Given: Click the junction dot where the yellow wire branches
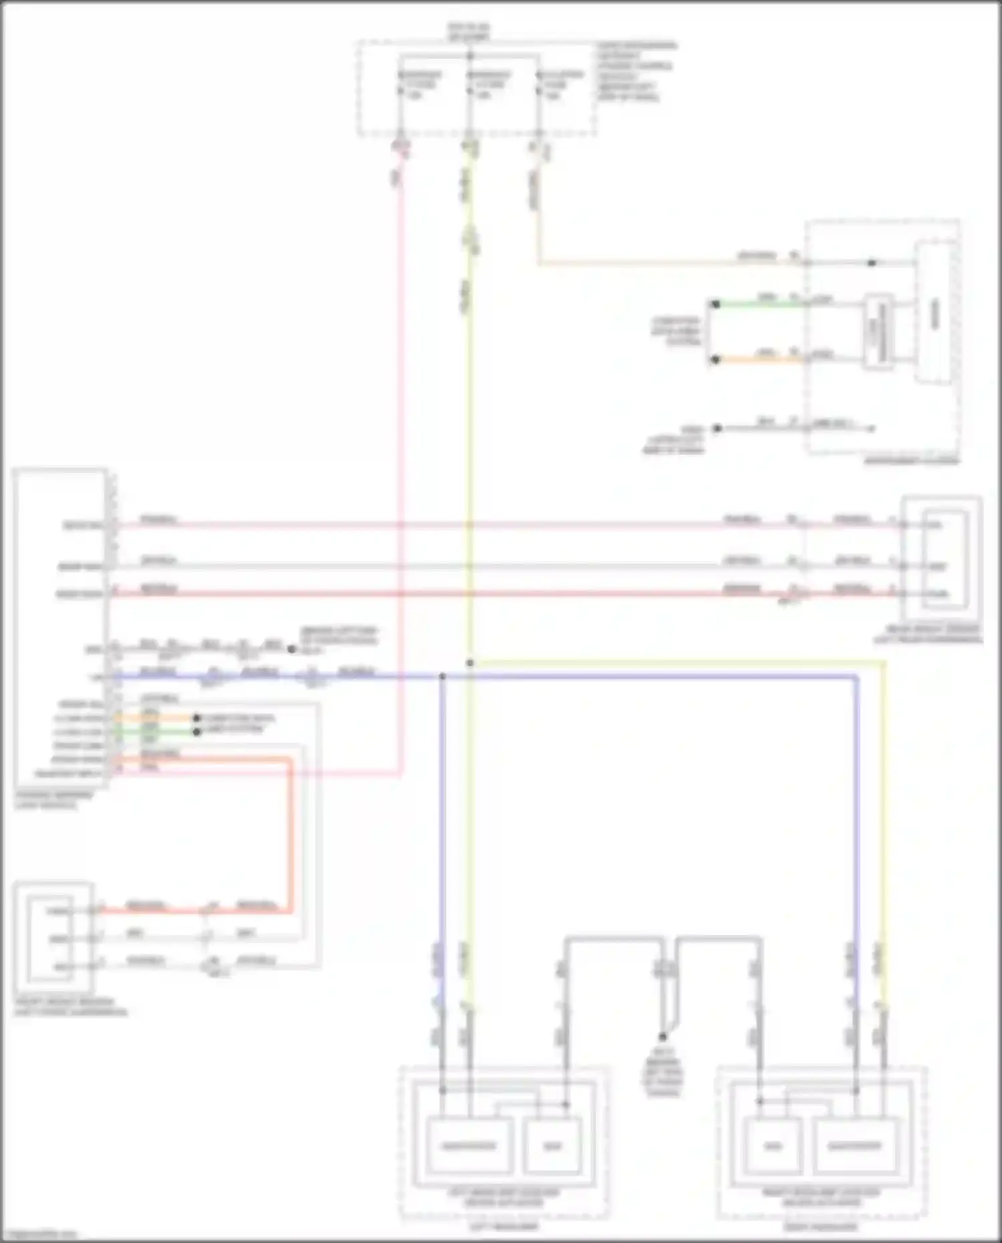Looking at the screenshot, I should (x=470, y=663).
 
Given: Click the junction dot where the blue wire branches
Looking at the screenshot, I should (x=442, y=677).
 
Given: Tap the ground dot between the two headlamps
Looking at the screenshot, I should (x=663, y=1037).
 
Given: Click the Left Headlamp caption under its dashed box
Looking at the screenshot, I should (x=504, y=1226).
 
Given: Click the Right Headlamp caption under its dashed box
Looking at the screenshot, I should (x=821, y=1226).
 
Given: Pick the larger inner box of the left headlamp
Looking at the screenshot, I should (x=469, y=1146).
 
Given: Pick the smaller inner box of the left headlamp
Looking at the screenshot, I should (x=552, y=1146).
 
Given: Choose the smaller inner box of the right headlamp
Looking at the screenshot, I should (x=773, y=1146).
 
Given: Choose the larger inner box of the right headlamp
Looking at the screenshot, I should (x=854, y=1146).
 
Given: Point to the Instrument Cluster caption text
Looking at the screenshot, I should (x=911, y=460).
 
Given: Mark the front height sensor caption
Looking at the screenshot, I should (x=70, y=1007).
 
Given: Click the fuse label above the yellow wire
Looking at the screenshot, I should (x=489, y=85).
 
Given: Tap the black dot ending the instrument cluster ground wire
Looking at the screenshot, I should (x=717, y=428).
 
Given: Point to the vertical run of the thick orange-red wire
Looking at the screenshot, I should (x=291, y=835).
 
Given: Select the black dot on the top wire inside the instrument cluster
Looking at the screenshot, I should (x=871, y=263).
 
